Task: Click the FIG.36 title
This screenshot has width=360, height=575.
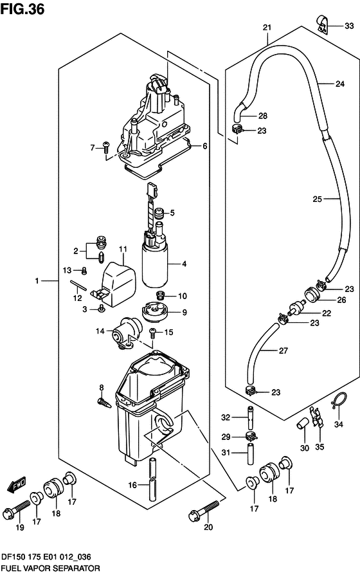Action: pyautogui.click(x=22, y=9)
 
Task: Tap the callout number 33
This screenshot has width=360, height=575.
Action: pyautogui.click(x=349, y=26)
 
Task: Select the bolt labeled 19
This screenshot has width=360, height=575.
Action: pyautogui.click(x=17, y=507)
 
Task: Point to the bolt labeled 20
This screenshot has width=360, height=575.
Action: pyautogui.click(x=205, y=511)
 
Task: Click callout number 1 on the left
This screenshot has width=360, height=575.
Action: pyautogui.click(x=37, y=281)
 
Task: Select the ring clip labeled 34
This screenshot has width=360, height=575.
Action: pyautogui.click(x=337, y=401)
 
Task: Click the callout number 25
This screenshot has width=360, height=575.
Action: pyautogui.click(x=317, y=199)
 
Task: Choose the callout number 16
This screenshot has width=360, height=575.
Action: pyautogui.click(x=132, y=485)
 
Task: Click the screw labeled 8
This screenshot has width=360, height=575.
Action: pyautogui.click(x=104, y=402)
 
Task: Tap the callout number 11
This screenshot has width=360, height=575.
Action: pyautogui.click(x=123, y=250)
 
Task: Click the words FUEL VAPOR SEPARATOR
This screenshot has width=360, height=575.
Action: pyautogui.click(x=51, y=569)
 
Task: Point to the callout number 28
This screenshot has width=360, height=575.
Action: pyautogui.click(x=263, y=116)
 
